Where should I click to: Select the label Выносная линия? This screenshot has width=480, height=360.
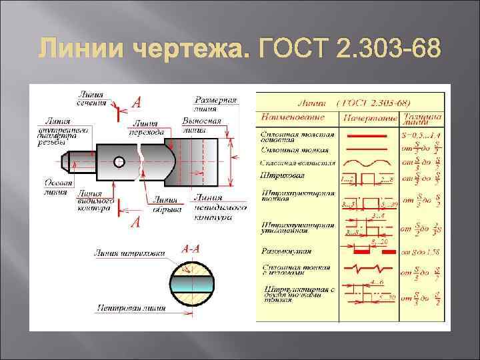click(x=201, y=125)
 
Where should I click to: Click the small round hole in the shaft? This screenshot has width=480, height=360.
click(x=119, y=162)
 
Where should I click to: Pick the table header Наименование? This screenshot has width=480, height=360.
click(x=293, y=117)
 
